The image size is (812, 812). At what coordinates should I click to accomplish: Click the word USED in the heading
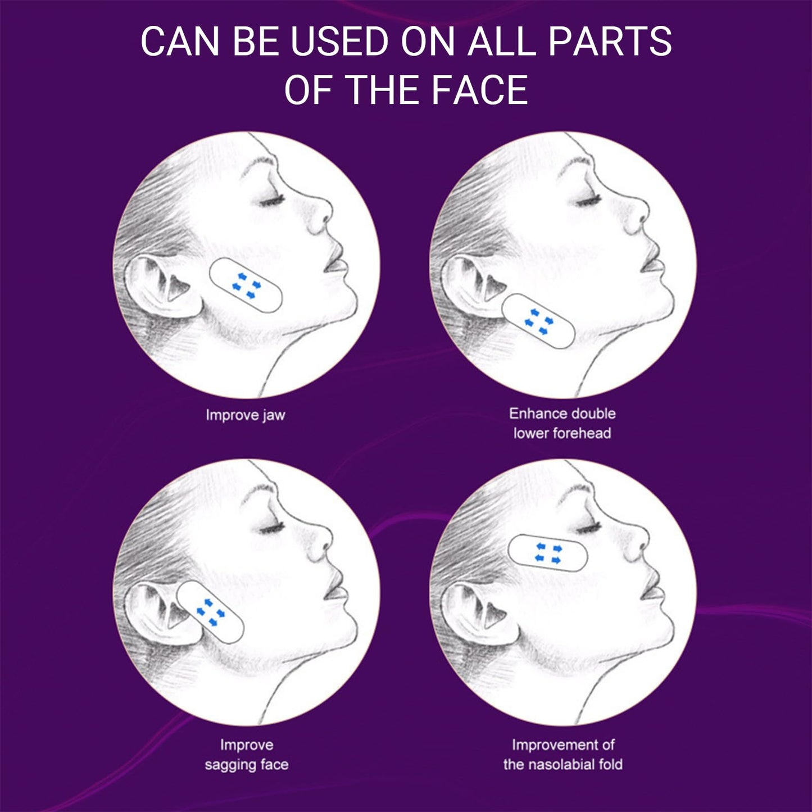pos(339,41)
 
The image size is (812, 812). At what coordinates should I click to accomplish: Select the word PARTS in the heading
pos(610,41)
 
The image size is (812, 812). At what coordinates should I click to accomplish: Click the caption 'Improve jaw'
pos(246,415)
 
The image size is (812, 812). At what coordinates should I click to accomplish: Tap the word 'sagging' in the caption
pos(229,765)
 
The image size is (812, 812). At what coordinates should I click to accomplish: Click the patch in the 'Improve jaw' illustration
pos(246,285)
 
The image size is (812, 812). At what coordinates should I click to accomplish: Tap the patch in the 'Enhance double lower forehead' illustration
pos(538,321)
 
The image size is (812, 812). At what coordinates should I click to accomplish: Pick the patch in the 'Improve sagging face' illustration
pos(210,612)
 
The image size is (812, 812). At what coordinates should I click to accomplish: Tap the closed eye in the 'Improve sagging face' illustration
pos(271,527)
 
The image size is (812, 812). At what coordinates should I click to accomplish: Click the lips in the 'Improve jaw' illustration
pos(336,262)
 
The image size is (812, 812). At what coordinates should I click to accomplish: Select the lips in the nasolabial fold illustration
pos(653,590)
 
